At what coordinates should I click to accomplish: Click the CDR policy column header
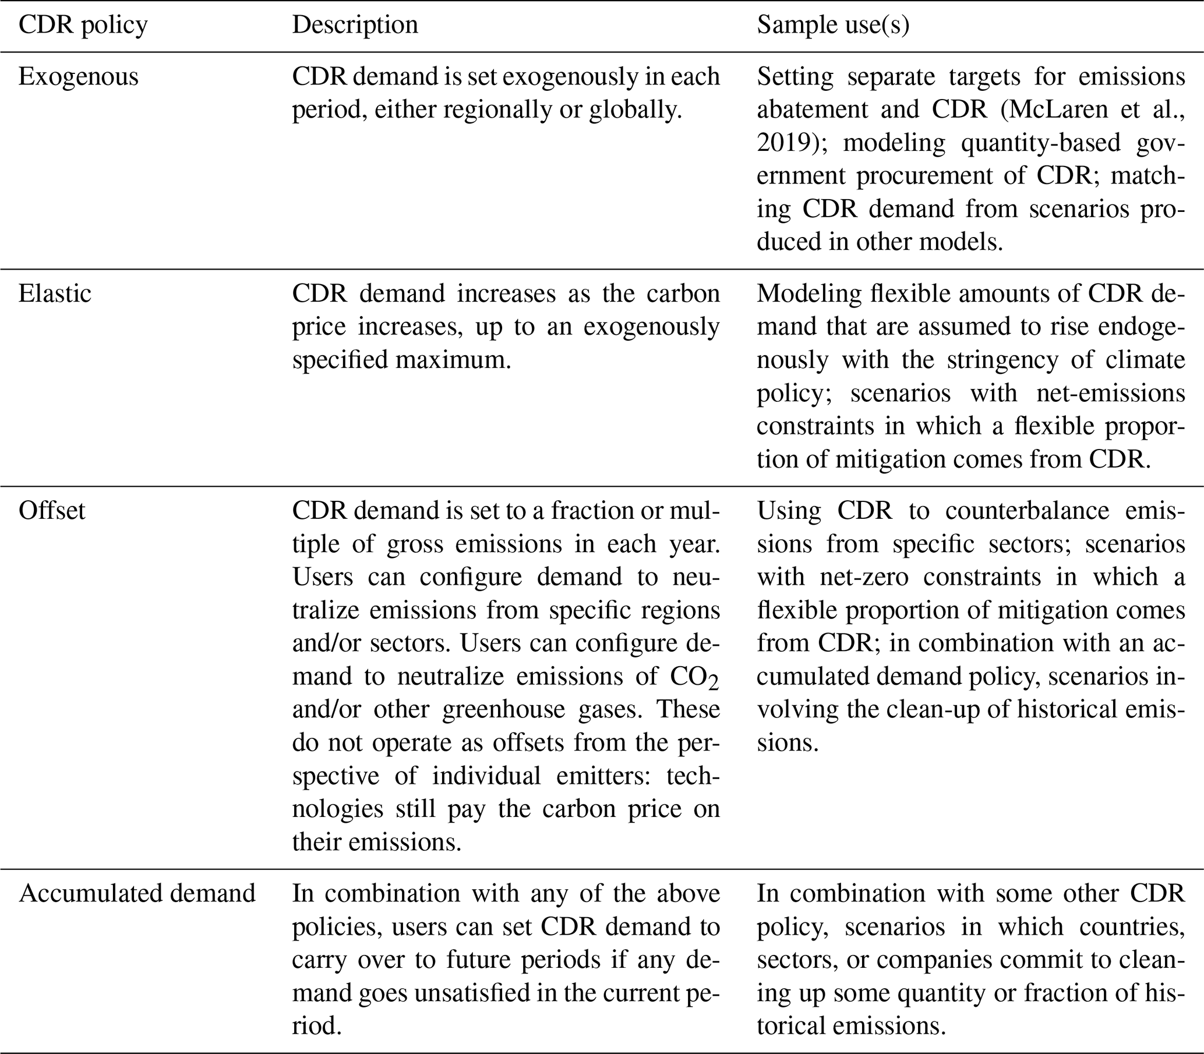(x=83, y=25)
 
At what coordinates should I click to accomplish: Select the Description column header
(x=355, y=25)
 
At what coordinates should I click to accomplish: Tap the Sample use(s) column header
(x=833, y=25)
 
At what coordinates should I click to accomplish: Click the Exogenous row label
(x=78, y=77)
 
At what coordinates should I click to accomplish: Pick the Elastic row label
(x=55, y=293)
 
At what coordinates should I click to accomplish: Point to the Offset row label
(x=52, y=511)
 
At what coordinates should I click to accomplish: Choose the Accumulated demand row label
(x=137, y=893)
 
